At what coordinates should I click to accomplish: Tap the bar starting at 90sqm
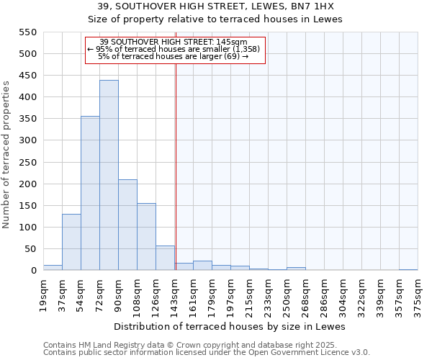127,225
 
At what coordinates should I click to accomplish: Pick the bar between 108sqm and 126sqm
146,237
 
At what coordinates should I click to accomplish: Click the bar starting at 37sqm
71,242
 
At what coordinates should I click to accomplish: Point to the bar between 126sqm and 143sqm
165,258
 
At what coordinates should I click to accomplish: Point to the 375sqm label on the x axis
418,294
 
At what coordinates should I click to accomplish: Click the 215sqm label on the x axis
250,294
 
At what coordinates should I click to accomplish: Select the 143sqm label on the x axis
175,294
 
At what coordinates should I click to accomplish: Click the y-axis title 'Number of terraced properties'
7,155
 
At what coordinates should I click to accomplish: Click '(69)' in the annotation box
234,55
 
